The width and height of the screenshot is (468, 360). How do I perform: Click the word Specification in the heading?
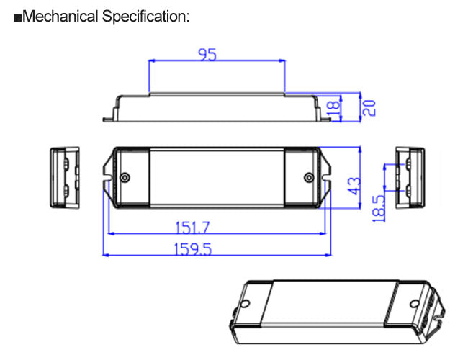(x=144, y=17)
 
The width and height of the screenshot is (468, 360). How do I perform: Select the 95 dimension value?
(x=207, y=55)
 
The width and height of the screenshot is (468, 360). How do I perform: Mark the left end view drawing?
(x=63, y=177)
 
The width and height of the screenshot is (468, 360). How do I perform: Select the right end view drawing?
(x=410, y=177)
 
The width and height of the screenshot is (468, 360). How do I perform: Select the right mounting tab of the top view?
(x=327, y=177)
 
